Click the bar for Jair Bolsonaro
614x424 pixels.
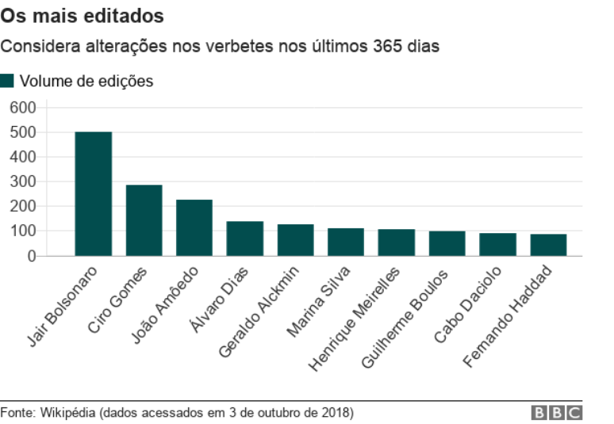click(93, 194)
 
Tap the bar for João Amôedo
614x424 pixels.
click(194, 227)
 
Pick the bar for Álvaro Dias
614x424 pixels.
click(245, 239)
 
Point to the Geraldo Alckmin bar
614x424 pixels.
click(295, 240)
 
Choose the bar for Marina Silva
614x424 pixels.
click(346, 242)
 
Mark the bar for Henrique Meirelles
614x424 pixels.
click(397, 243)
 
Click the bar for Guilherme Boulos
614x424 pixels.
click(447, 243)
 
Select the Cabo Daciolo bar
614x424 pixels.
click(497, 244)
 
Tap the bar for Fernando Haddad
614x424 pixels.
click(548, 245)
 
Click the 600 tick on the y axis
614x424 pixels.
click(23, 108)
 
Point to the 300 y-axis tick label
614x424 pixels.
click(23, 182)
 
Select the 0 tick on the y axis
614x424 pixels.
click(32, 256)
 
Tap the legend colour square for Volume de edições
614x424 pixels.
click(7, 81)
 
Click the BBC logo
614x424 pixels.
click(557, 413)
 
